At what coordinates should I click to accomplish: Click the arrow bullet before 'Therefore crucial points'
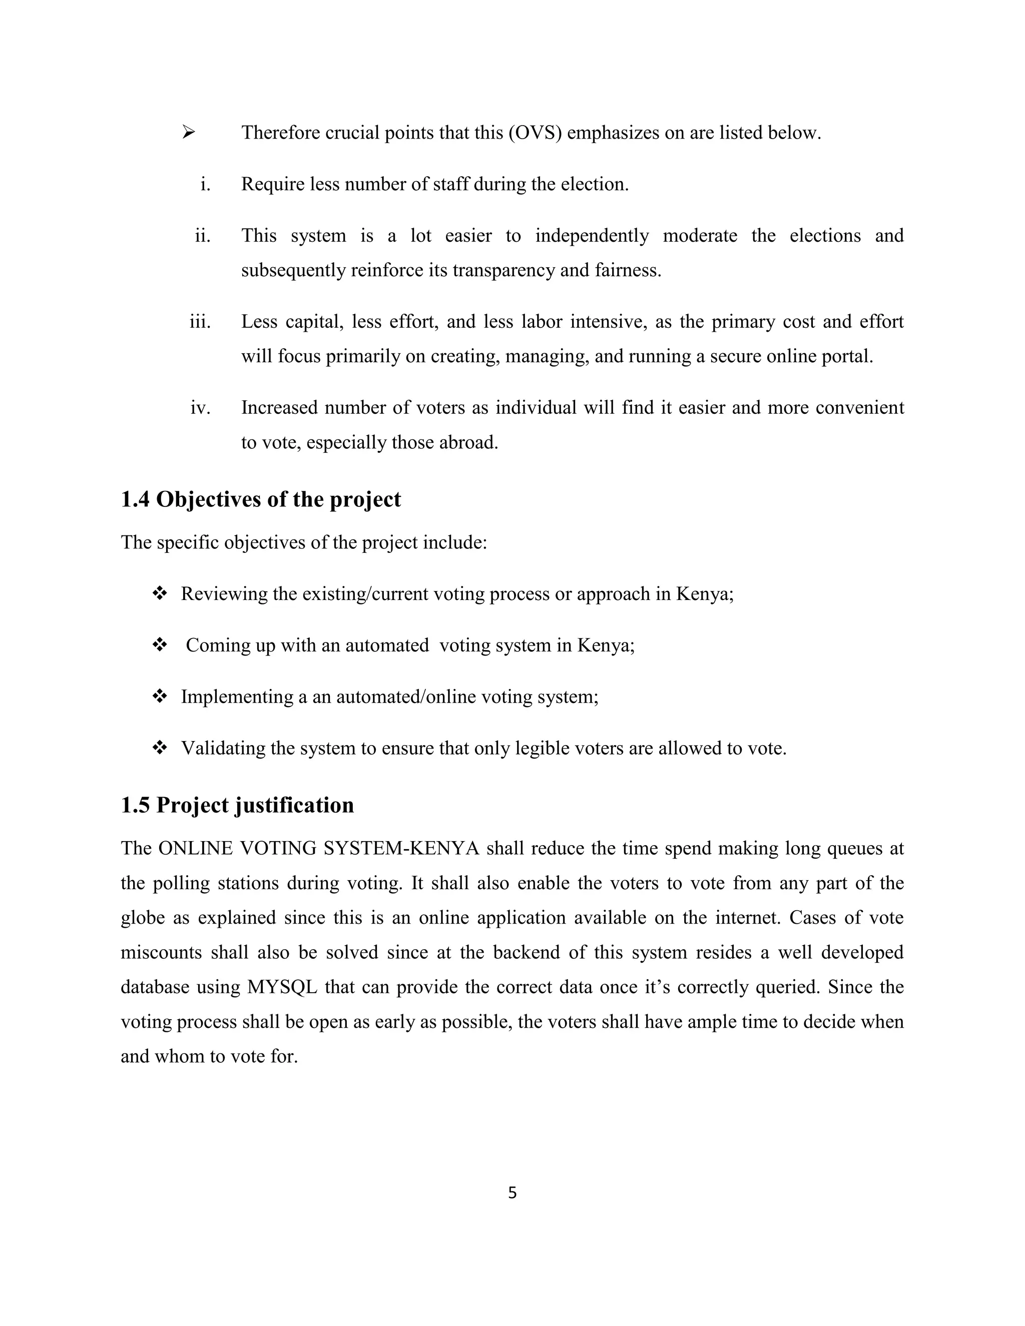(x=188, y=132)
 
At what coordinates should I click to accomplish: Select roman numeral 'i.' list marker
(x=205, y=184)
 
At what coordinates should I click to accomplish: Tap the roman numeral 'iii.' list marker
(x=200, y=321)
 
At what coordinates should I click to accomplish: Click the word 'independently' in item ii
(x=592, y=236)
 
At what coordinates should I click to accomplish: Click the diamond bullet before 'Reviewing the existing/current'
(x=160, y=593)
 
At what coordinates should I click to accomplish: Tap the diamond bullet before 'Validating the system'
(x=160, y=748)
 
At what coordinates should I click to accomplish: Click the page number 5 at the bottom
(x=512, y=1193)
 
